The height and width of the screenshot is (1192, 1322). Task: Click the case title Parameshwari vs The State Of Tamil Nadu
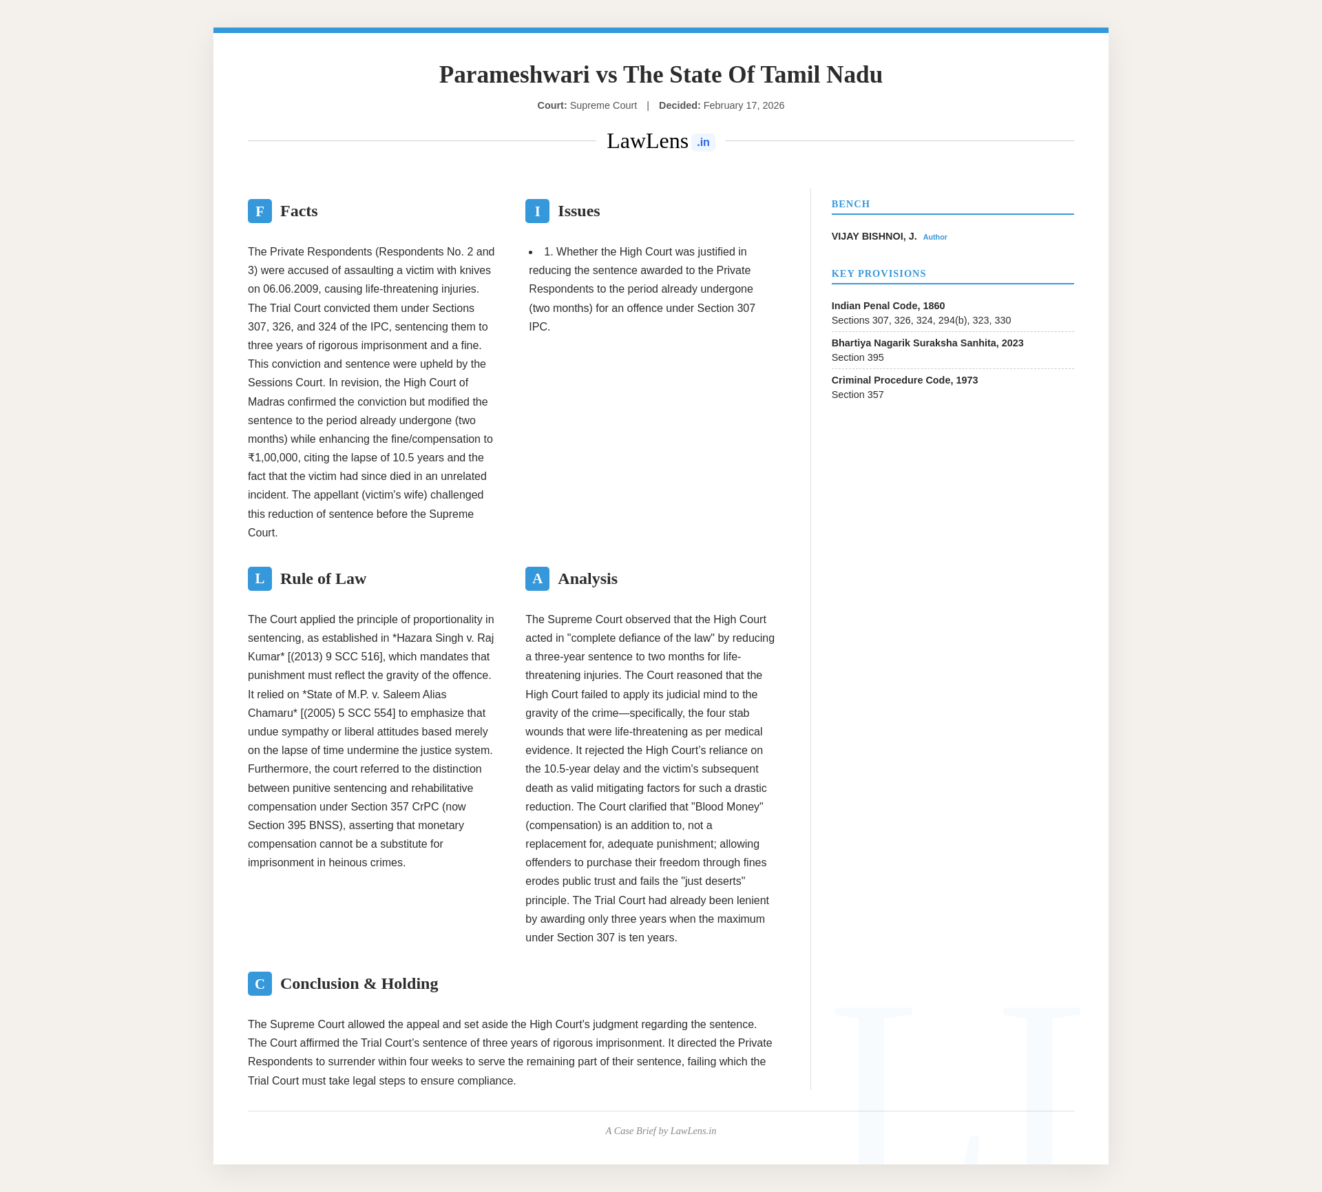click(660, 74)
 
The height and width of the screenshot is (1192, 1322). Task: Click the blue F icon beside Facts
click(260, 211)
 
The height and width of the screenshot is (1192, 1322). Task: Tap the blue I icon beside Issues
click(537, 211)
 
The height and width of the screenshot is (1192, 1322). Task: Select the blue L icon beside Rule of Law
click(260, 579)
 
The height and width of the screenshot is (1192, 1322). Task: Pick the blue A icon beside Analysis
click(537, 579)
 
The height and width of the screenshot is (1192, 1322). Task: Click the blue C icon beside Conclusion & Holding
click(260, 984)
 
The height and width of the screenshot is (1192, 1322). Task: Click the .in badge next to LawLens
click(703, 143)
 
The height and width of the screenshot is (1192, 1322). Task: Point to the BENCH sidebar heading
click(850, 204)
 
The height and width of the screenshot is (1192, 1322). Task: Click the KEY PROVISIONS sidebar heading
click(879, 273)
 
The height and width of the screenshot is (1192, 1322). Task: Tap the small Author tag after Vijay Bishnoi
click(934, 237)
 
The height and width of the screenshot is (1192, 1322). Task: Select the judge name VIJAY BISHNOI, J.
click(874, 236)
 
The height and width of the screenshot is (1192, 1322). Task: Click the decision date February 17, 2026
click(744, 105)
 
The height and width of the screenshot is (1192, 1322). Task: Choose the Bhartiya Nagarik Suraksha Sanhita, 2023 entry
click(927, 343)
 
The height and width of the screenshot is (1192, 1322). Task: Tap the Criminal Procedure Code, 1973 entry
click(904, 380)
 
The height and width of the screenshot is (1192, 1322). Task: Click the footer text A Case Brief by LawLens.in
click(660, 1131)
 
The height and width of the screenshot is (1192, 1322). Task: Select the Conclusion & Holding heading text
click(359, 984)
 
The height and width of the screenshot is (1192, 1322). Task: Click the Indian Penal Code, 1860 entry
click(888, 306)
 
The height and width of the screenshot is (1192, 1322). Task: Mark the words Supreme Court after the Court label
click(603, 105)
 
